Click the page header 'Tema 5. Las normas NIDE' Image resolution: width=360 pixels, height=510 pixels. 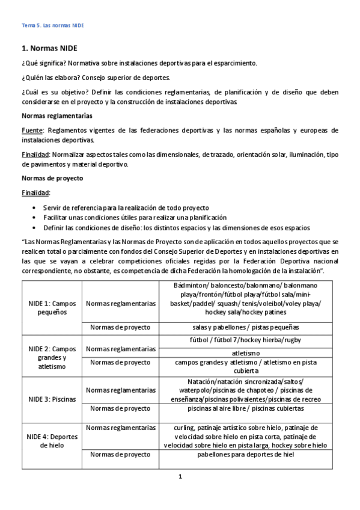[x=53, y=26]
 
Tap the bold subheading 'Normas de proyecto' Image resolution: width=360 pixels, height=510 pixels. [x=52, y=179]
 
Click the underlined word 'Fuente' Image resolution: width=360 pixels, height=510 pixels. [x=33, y=130]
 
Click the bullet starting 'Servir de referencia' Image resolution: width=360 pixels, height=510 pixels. [x=126, y=206]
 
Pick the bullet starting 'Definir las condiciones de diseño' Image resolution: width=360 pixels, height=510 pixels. [x=177, y=227]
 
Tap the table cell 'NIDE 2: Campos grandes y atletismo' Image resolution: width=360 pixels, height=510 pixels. [x=52, y=357]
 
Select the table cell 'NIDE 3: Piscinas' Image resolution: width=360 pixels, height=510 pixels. [x=52, y=399]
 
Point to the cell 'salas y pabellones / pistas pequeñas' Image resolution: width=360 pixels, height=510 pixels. [x=246, y=327]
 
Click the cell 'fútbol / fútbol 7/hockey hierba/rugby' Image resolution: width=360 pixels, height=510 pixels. [x=246, y=340]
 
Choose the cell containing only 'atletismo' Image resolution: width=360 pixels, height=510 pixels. [x=246, y=352]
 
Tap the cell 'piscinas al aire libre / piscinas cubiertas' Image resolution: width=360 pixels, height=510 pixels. [x=246, y=408]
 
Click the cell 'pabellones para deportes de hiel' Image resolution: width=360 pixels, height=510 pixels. [x=246, y=455]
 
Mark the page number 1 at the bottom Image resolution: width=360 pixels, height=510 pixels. [x=180, y=477]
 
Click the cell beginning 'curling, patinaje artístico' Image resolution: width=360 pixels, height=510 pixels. [x=246, y=436]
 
